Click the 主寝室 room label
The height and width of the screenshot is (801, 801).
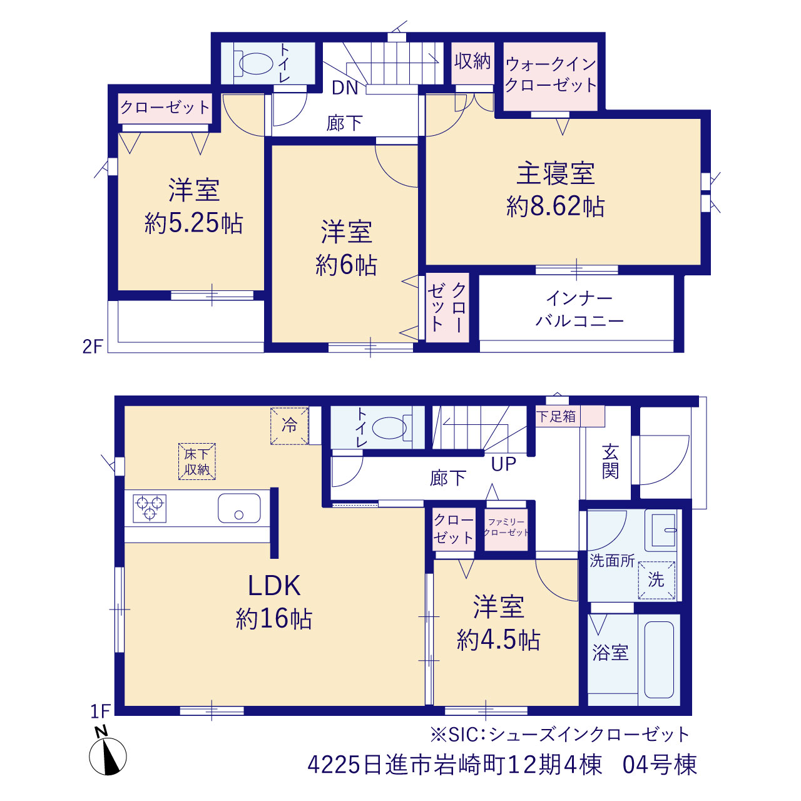click(555, 173)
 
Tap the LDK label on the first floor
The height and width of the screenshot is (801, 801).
click(274, 586)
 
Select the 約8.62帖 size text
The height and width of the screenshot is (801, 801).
click(555, 206)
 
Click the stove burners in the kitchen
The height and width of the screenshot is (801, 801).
click(150, 508)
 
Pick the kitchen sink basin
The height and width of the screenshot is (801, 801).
click(239, 508)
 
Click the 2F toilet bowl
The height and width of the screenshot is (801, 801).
click(255, 64)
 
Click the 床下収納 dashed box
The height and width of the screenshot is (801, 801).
click(197, 461)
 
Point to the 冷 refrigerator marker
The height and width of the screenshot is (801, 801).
click(289, 426)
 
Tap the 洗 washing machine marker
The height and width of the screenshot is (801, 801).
click(656, 580)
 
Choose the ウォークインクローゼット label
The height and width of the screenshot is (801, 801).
click(551, 75)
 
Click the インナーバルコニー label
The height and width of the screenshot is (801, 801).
click(579, 310)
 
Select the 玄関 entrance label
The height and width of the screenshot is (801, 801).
click(610, 462)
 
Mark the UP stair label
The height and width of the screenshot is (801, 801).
click(504, 464)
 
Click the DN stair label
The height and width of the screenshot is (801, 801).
click(345, 88)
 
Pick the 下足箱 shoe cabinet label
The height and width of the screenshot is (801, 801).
click(556, 416)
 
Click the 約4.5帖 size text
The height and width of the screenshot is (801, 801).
click(498, 640)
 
